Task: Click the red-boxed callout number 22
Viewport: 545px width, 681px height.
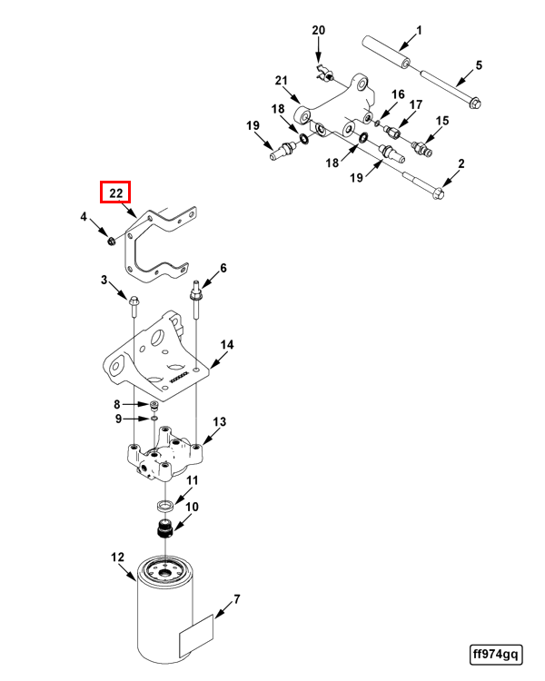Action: (115, 192)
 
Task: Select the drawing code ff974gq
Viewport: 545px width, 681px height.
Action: (495, 654)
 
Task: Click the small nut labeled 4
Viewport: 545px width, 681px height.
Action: (109, 240)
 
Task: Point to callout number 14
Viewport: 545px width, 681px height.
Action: (227, 345)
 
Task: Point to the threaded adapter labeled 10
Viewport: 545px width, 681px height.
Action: (166, 529)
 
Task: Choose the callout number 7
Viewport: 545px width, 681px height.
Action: (236, 599)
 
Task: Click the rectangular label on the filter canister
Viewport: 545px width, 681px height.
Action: (196, 633)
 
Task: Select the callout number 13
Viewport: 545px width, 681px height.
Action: (219, 422)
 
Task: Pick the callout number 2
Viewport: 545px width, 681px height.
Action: (461, 163)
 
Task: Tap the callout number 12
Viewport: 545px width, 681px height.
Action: (116, 557)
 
